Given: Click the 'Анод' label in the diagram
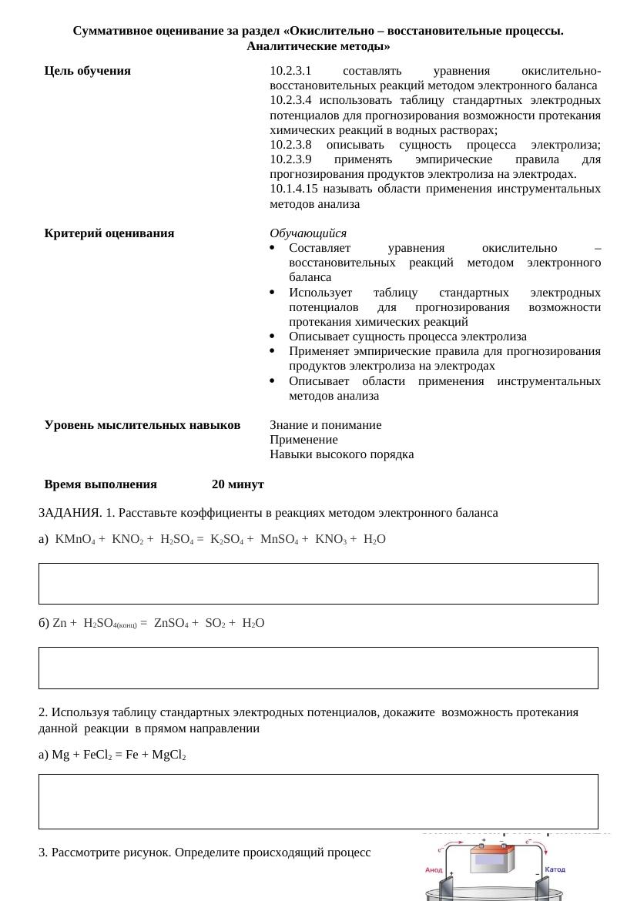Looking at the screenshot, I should tap(434, 870).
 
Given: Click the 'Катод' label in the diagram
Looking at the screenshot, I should tap(555, 869).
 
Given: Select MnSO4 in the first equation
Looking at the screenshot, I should tap(280, 540).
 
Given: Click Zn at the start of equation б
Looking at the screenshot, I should tap(59, 623).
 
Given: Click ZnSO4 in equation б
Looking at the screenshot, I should tap(171, 623).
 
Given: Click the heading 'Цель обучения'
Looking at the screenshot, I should tap(88, 71).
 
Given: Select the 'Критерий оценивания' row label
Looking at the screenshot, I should tap(109, 233).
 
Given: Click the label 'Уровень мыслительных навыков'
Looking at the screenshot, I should tap(142, 425).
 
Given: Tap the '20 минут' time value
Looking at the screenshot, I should tap(238, 484).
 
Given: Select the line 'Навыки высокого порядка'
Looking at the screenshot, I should tap(341, 454).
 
